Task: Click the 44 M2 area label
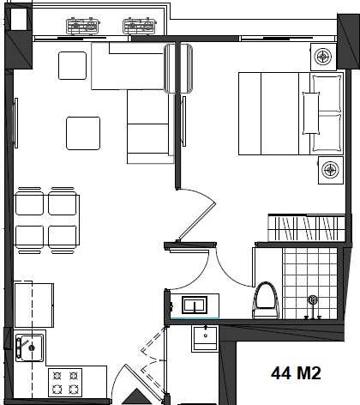coord(296,373)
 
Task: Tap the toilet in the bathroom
coord(265,300)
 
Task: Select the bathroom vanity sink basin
coord(195,305)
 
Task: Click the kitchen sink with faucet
coord(29,348)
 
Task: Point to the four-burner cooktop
coord(65,383)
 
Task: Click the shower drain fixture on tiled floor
coord(313,299)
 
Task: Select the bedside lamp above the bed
coord(323,57)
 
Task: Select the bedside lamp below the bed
coord(331,170)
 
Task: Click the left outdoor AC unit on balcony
coord(83,26)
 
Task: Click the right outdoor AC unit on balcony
coord(140,26)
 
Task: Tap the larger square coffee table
coord(83,133)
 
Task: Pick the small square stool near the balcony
coord(72,65)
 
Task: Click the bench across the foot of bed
coord(311,112)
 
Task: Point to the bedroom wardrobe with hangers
coord(306,227)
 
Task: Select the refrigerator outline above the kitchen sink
coord(34,305)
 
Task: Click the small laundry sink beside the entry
coord(205,338)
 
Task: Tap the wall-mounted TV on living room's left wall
coord(16,123)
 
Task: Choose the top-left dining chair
coord(29,202)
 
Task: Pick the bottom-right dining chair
coord(63,239)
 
